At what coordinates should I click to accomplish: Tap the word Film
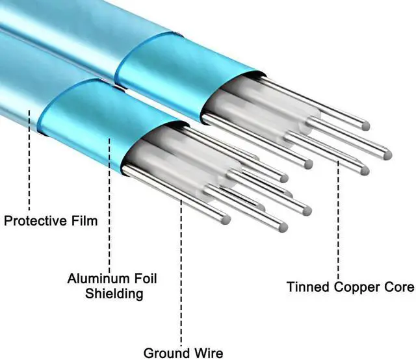pyautogui.click(x=84, y=221)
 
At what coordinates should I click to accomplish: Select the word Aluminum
pyautogui.click(x=97, y=278)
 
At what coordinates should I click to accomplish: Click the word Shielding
pyautogui.click(x=114, y=294)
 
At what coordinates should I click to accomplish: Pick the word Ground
pyautogui.click(x=166, y=353)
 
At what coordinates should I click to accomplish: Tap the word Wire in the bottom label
pyautogui.click(x=209, y=353)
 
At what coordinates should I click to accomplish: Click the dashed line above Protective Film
pyautogui.click(x=29, y=161)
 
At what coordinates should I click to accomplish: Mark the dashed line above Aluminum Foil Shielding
pyautogui.click(x=109, y=202)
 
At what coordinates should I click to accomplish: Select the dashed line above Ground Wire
pyautogui.click(x=181, y=274)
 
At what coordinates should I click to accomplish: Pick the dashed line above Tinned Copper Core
pyautogui.click(x=338, y=220)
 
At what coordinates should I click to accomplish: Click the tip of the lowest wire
pyautogui.click(x=283, y=227)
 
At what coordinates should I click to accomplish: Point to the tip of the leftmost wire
pyautogui.click(x=226, y=220)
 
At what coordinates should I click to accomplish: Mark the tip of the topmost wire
pyautogui.click(x=366, y=126)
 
